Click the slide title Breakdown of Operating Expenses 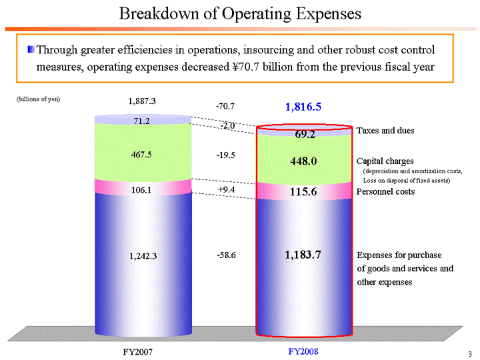click(x=240, y=13)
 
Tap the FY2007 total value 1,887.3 click(x=142, y=101)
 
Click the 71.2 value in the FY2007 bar click(x=141, y=121)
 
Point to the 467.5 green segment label click(x=142, y=155)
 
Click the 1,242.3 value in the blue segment click(x=142, y=255)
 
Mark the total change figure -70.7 click(x=225, y=106)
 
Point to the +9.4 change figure click(x=226, y=189)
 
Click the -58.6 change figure click(x=226, y=255)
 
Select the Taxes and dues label click(x=385, y=131)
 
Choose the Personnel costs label click(x=386, y=192)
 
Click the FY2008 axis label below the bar click(x=303, y=351)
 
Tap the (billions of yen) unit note click(x=38, y=99)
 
